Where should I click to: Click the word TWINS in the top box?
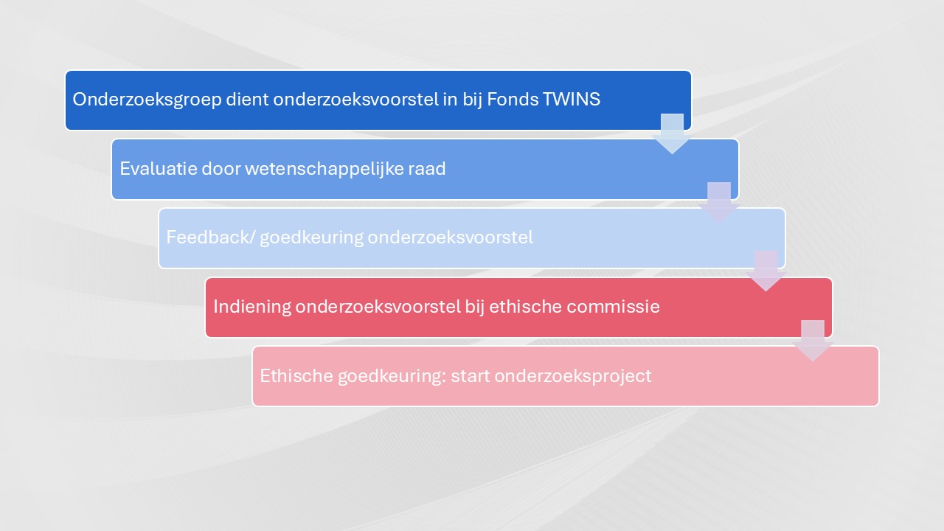tap(571, 100)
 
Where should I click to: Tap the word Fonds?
tap(513, 100)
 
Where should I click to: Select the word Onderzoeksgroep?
tap(147, 100)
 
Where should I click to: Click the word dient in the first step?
tap(247, 100)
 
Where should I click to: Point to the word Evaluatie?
tap(159, 169)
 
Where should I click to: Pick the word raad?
tap(427, 169)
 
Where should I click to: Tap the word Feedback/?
tap(211, 237)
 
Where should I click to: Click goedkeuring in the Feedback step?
tap(311, 238)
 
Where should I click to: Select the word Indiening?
tap(252, 307)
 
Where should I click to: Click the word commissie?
tap(613, 306)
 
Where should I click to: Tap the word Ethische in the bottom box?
tap(296, 375)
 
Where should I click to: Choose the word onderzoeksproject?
tap(573, 376)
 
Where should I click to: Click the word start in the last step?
tap(471, 376)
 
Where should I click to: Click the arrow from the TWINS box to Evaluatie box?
tap(672, 133)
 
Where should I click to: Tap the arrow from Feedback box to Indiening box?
tap(766, 271)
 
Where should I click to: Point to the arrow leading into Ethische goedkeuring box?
tap(813, 341)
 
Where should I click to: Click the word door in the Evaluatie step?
tap(221, 169)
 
